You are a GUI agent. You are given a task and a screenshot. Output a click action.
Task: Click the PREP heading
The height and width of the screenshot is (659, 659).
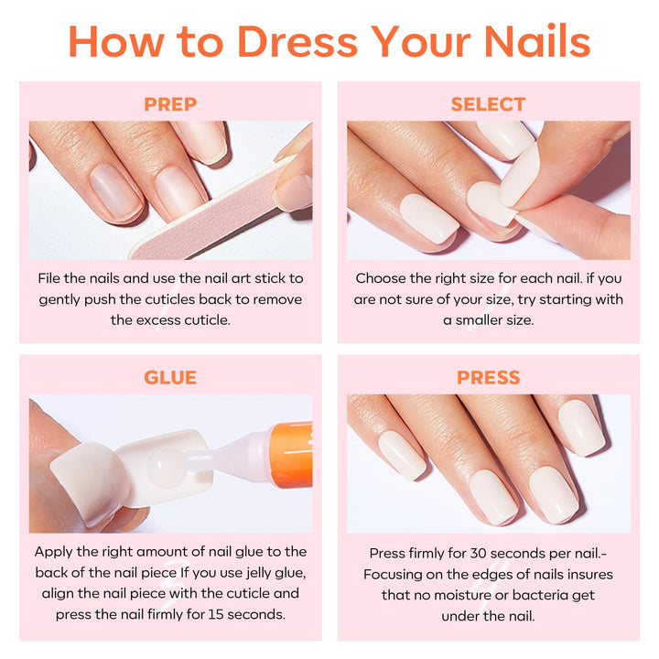point(170,104)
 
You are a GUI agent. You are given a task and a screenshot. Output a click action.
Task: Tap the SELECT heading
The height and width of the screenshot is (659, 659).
point(488,104)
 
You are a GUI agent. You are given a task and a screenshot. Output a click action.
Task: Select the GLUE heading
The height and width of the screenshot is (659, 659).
point(170,377)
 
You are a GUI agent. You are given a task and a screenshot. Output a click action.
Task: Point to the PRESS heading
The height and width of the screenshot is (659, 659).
point(488,377)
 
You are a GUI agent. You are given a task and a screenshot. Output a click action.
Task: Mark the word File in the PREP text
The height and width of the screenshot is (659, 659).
point(51,278)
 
